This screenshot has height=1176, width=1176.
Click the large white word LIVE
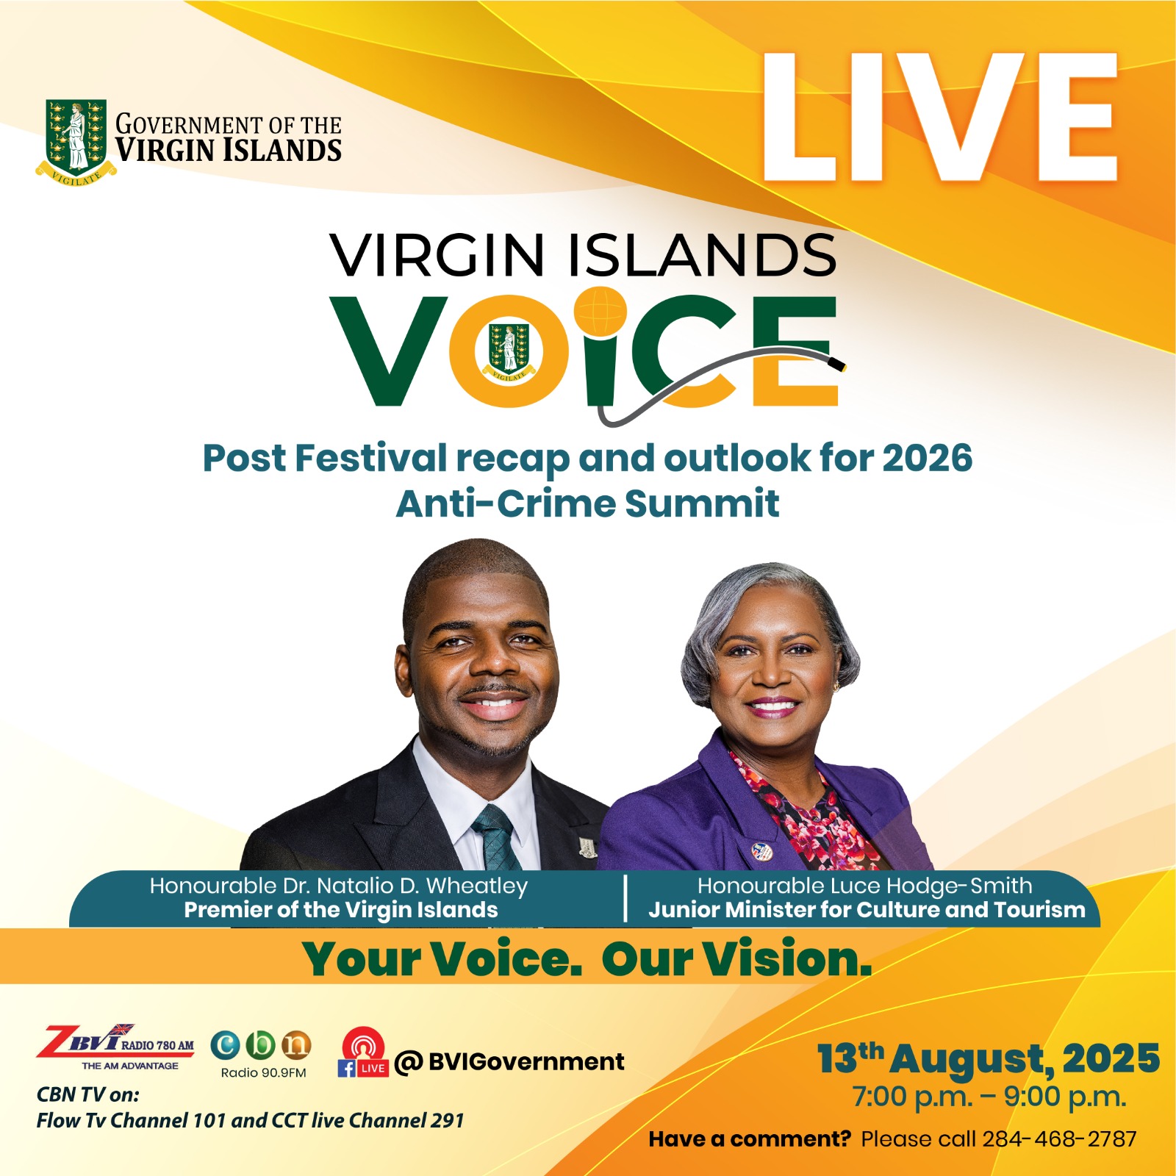pyautogui.click(x=940, y=117)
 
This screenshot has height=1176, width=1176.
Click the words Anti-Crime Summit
pyautogui.click(x=587, y=504)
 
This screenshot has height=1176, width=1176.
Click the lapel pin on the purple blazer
pyautogui.click(x=762, y=851)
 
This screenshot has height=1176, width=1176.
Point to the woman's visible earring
pyautogui.click(x=836, y=686)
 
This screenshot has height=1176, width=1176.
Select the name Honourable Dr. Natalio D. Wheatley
pyautogui.click(x=339, y=886)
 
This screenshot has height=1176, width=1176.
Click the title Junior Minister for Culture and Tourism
pyautogui.click(x=867, y=910)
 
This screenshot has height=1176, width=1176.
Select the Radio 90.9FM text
pyautogui.click(x=263, y=1073)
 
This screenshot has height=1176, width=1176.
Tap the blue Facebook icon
pyautogui.click(x=346, y=1068)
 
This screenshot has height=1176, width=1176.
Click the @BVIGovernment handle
pyautogui.click(x=509, y=1062)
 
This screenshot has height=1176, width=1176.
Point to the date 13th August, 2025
pyautogui.click(x=989, y=1059)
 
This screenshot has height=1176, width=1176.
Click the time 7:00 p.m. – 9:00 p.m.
pyautogui.click(x=989, y=1097)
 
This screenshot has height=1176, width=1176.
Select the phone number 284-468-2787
pyautogui.click(x=1060, y=1139)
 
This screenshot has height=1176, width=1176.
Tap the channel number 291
pyautogui.click(x=447, y=1121)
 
